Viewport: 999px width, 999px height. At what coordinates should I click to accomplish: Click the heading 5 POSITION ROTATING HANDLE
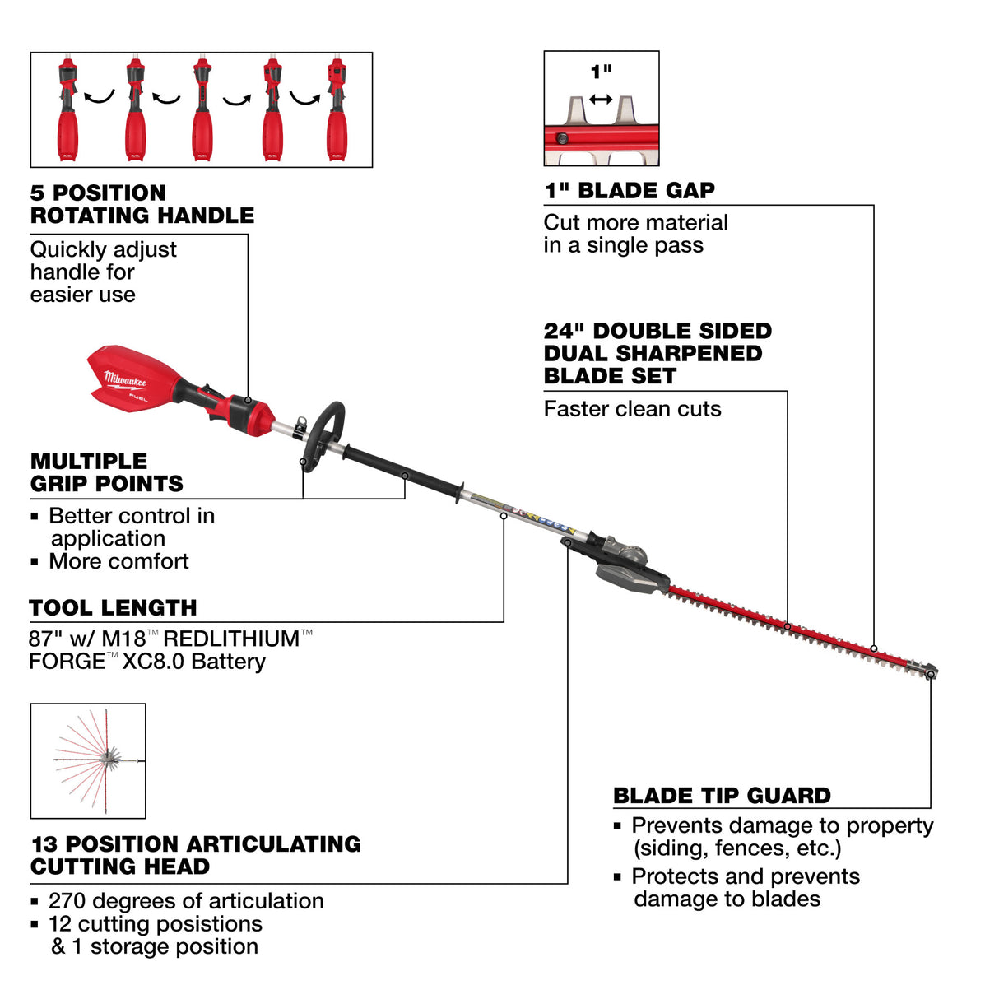click(x=142, y=204)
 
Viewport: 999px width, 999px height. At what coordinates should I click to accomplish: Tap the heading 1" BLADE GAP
click(x=630, y=191)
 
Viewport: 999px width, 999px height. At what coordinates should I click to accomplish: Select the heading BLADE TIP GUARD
click(x=722, y=796)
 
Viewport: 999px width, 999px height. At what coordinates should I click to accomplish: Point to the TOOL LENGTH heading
click(x=113, y=608)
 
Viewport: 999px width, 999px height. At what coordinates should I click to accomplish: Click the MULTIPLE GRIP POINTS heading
click(x=106, y=472)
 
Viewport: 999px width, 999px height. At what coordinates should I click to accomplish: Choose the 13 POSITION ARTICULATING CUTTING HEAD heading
click(x=195, y=855)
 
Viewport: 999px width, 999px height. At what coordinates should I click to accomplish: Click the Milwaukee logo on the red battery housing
click(x=125, y=381)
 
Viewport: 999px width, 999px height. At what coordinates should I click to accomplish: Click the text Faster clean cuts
click(x=632, y=409)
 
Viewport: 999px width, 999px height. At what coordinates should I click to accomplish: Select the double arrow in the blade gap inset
click(x=601, y=100)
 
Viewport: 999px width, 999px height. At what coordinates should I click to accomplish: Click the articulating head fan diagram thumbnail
click(x=88, y=760)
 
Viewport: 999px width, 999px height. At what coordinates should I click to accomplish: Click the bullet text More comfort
click(x=118, y=561)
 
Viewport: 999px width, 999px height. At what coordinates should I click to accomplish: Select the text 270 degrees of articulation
click(x=186, y=901)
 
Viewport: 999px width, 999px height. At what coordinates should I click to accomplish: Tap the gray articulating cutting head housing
click(x=630, y=567)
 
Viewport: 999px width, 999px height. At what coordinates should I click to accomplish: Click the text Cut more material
click(x=635, y=222)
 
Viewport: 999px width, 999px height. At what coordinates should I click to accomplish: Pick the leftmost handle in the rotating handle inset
click(x=67, y=109)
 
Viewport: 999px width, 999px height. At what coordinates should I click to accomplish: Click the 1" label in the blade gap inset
click(x=601, y=72)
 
